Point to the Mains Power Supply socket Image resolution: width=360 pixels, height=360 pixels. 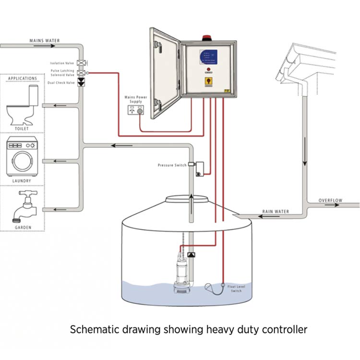[136, 110]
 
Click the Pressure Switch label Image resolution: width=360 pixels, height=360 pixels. [172, 165]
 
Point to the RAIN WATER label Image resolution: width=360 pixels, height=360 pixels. [276, 211]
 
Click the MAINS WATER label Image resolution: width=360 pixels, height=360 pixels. [44, 41]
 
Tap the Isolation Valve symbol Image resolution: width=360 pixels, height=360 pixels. [81, 63]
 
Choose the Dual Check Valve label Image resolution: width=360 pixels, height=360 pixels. [61, 83]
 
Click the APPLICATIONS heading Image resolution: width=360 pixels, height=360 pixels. [23, 78]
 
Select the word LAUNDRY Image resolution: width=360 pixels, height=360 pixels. [23, 181]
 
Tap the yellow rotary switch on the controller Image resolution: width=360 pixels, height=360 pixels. [209, 81]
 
